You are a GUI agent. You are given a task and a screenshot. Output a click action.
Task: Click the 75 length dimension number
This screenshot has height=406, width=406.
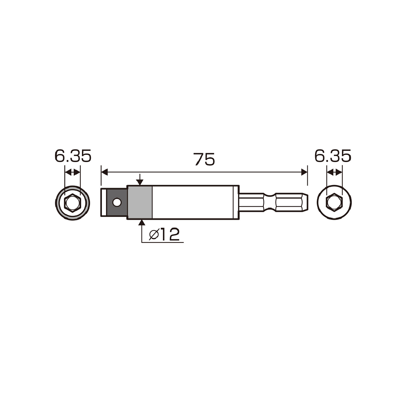204,159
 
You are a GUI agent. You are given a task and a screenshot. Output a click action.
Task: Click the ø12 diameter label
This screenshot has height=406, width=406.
165,235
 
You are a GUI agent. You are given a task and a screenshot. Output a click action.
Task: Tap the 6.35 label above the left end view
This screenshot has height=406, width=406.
73,156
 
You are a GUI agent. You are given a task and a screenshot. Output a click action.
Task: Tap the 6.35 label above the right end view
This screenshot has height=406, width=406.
333,156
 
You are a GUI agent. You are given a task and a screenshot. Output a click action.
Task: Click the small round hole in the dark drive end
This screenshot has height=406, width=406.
116,203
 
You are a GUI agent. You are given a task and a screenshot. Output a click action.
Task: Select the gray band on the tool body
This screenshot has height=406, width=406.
140,203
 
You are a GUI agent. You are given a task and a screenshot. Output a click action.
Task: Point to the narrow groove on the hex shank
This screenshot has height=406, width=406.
269,203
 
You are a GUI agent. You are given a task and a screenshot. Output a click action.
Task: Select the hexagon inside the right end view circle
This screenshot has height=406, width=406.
334,203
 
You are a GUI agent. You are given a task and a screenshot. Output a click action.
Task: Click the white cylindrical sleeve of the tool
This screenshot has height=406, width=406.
195,203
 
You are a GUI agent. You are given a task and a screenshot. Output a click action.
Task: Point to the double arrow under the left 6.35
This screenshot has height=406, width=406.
72,172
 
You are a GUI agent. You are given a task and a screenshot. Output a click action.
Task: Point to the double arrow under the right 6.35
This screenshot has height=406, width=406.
334,172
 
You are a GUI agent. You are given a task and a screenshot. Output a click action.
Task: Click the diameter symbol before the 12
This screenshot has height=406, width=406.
154,235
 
